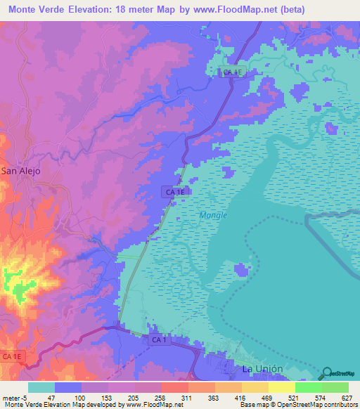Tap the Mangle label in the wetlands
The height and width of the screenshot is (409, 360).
click(x=213, y=216)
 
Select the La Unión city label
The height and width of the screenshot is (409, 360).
click(x=262, y=368)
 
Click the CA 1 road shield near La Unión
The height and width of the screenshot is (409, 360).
click(x=159, y=339)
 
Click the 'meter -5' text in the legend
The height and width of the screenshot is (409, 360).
click(x=13, y=398)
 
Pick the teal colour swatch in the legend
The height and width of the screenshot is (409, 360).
click(x=41, y=387)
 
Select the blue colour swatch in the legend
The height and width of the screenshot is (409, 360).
click(x=68, y=387)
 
